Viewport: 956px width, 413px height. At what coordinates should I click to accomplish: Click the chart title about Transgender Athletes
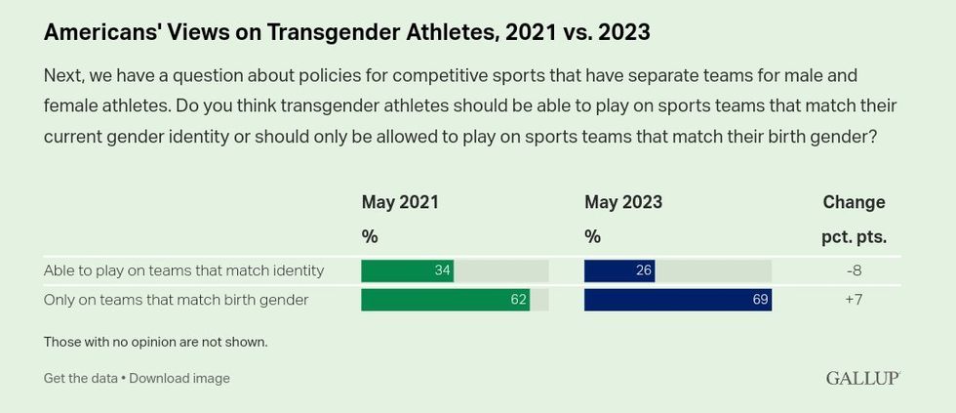click(346, 32)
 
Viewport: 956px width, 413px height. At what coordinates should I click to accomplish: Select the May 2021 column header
click(400, 202)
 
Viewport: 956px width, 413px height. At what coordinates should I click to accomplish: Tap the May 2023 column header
click(623, 202)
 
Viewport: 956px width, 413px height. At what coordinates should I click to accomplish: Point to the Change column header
click(854, 202)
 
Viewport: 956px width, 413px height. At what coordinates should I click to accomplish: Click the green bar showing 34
click(407, 270)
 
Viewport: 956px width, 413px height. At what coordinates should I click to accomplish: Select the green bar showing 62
click(445, 300)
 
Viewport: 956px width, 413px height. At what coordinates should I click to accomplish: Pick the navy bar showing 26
click(618, 270)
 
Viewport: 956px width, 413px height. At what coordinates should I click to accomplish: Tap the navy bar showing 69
click(677, 300)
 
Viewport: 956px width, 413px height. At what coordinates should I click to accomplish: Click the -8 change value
click(854, 270)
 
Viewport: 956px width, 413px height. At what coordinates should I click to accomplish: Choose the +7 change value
click(854, 300)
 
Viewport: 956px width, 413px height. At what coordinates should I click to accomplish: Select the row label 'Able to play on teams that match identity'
click(183, 270)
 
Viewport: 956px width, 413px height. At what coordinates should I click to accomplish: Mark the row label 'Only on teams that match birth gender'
click(176, 300)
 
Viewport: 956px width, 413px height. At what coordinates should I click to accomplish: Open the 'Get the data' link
click(80, 378)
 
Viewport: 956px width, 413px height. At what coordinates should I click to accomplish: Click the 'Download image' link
click(179, 378)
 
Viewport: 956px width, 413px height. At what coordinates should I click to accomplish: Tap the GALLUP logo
click(862, 378)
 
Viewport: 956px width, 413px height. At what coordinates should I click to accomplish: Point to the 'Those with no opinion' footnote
click(155, 342)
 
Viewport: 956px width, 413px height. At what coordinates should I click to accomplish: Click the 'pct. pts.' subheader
click(854, 236)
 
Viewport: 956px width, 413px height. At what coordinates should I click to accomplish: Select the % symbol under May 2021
click(370, 236)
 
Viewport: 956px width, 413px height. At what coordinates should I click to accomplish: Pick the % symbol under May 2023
click(592, 236)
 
